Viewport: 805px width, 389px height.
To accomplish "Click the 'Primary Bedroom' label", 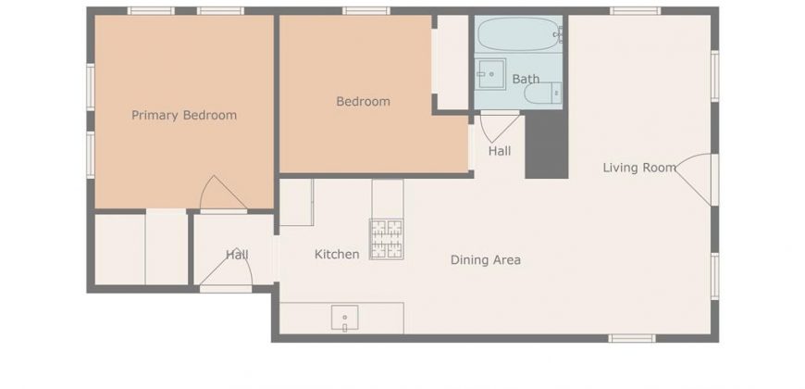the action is [184, 115].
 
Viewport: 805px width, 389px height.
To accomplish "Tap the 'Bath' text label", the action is [526, 79].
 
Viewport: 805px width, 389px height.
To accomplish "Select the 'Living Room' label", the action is [639, 168].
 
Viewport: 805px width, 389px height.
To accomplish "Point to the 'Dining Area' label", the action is [485, 260].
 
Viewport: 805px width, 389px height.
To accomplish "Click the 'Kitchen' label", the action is [337, 255].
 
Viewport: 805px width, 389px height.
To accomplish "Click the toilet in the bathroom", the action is [542, 93].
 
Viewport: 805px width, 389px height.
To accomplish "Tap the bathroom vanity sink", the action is [489, 74].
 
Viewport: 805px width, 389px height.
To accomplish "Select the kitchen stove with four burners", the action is [387, 239].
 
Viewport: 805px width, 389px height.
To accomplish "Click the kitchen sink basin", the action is [344, 318].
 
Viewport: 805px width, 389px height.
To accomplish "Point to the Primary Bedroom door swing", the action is [223, 194].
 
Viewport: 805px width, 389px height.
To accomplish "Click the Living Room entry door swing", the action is [694, 180].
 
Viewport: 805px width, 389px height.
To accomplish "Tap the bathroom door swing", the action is [500, 127].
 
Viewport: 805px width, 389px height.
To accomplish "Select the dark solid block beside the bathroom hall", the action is [546, 144].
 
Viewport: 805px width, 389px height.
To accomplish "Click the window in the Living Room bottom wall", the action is [631, 338].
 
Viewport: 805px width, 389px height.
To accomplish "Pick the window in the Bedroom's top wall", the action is [366, 11].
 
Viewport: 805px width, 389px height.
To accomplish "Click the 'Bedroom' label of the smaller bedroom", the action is [363, 102].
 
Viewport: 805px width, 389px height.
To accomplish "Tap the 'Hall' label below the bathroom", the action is [500, 151].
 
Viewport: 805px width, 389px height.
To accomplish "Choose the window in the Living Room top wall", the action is [635, 11].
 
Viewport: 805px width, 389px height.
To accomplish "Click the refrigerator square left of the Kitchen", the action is [297, 203].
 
